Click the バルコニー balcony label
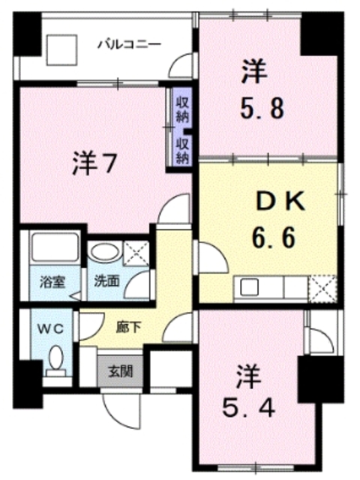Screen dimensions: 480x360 129,44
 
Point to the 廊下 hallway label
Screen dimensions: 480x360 124,327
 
